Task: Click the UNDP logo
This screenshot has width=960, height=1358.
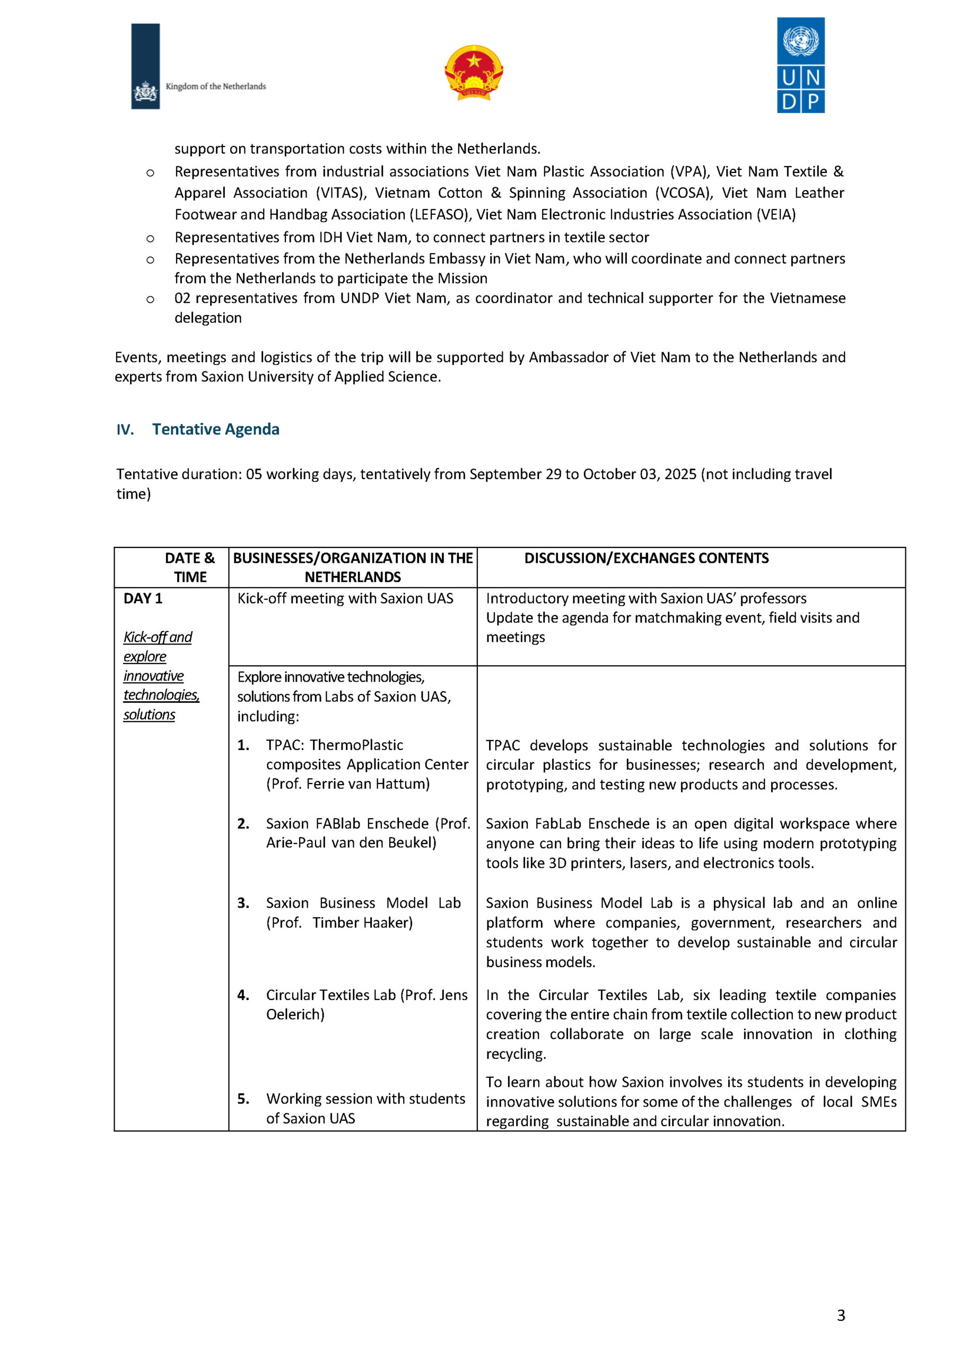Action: pos(800,65)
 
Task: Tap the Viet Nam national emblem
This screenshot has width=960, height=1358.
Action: pos(473,72)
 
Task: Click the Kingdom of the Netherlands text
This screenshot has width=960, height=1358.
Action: pos(215,86)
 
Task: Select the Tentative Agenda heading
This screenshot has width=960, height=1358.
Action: pos(215,429)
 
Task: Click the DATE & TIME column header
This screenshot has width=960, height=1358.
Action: pos(189,567)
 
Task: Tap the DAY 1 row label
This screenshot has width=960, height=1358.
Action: pos(143,598)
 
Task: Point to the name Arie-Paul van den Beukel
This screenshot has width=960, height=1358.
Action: pos(351,842)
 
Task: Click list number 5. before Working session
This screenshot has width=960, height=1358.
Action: pos(243,1099)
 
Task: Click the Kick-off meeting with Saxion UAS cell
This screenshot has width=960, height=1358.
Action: pos(345,598)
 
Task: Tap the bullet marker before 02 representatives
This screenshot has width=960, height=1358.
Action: pos(150,299)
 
